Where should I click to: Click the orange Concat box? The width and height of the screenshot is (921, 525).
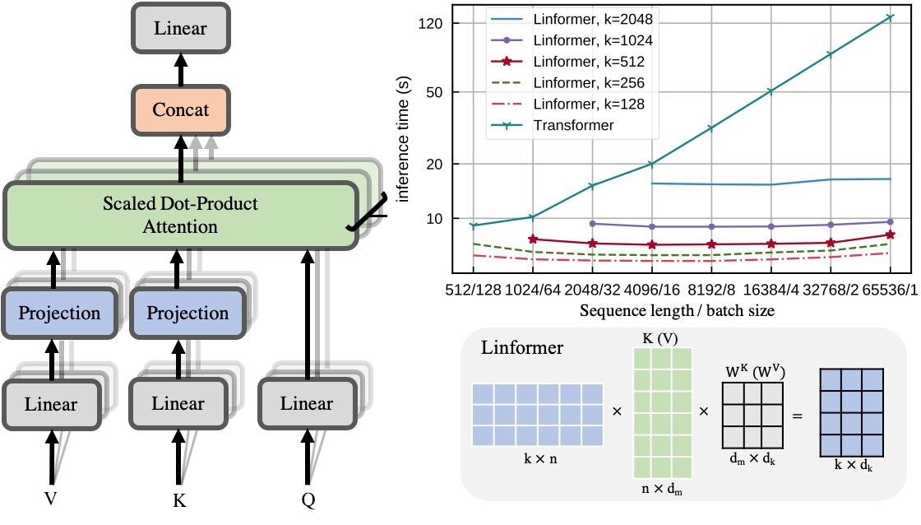[x=181, y=109]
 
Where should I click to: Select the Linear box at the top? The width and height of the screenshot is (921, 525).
[x=181, y=30]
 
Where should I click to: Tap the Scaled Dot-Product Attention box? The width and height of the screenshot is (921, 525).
[x=180, y=215]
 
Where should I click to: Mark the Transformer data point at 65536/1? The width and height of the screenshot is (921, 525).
[x=889, y=16]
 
